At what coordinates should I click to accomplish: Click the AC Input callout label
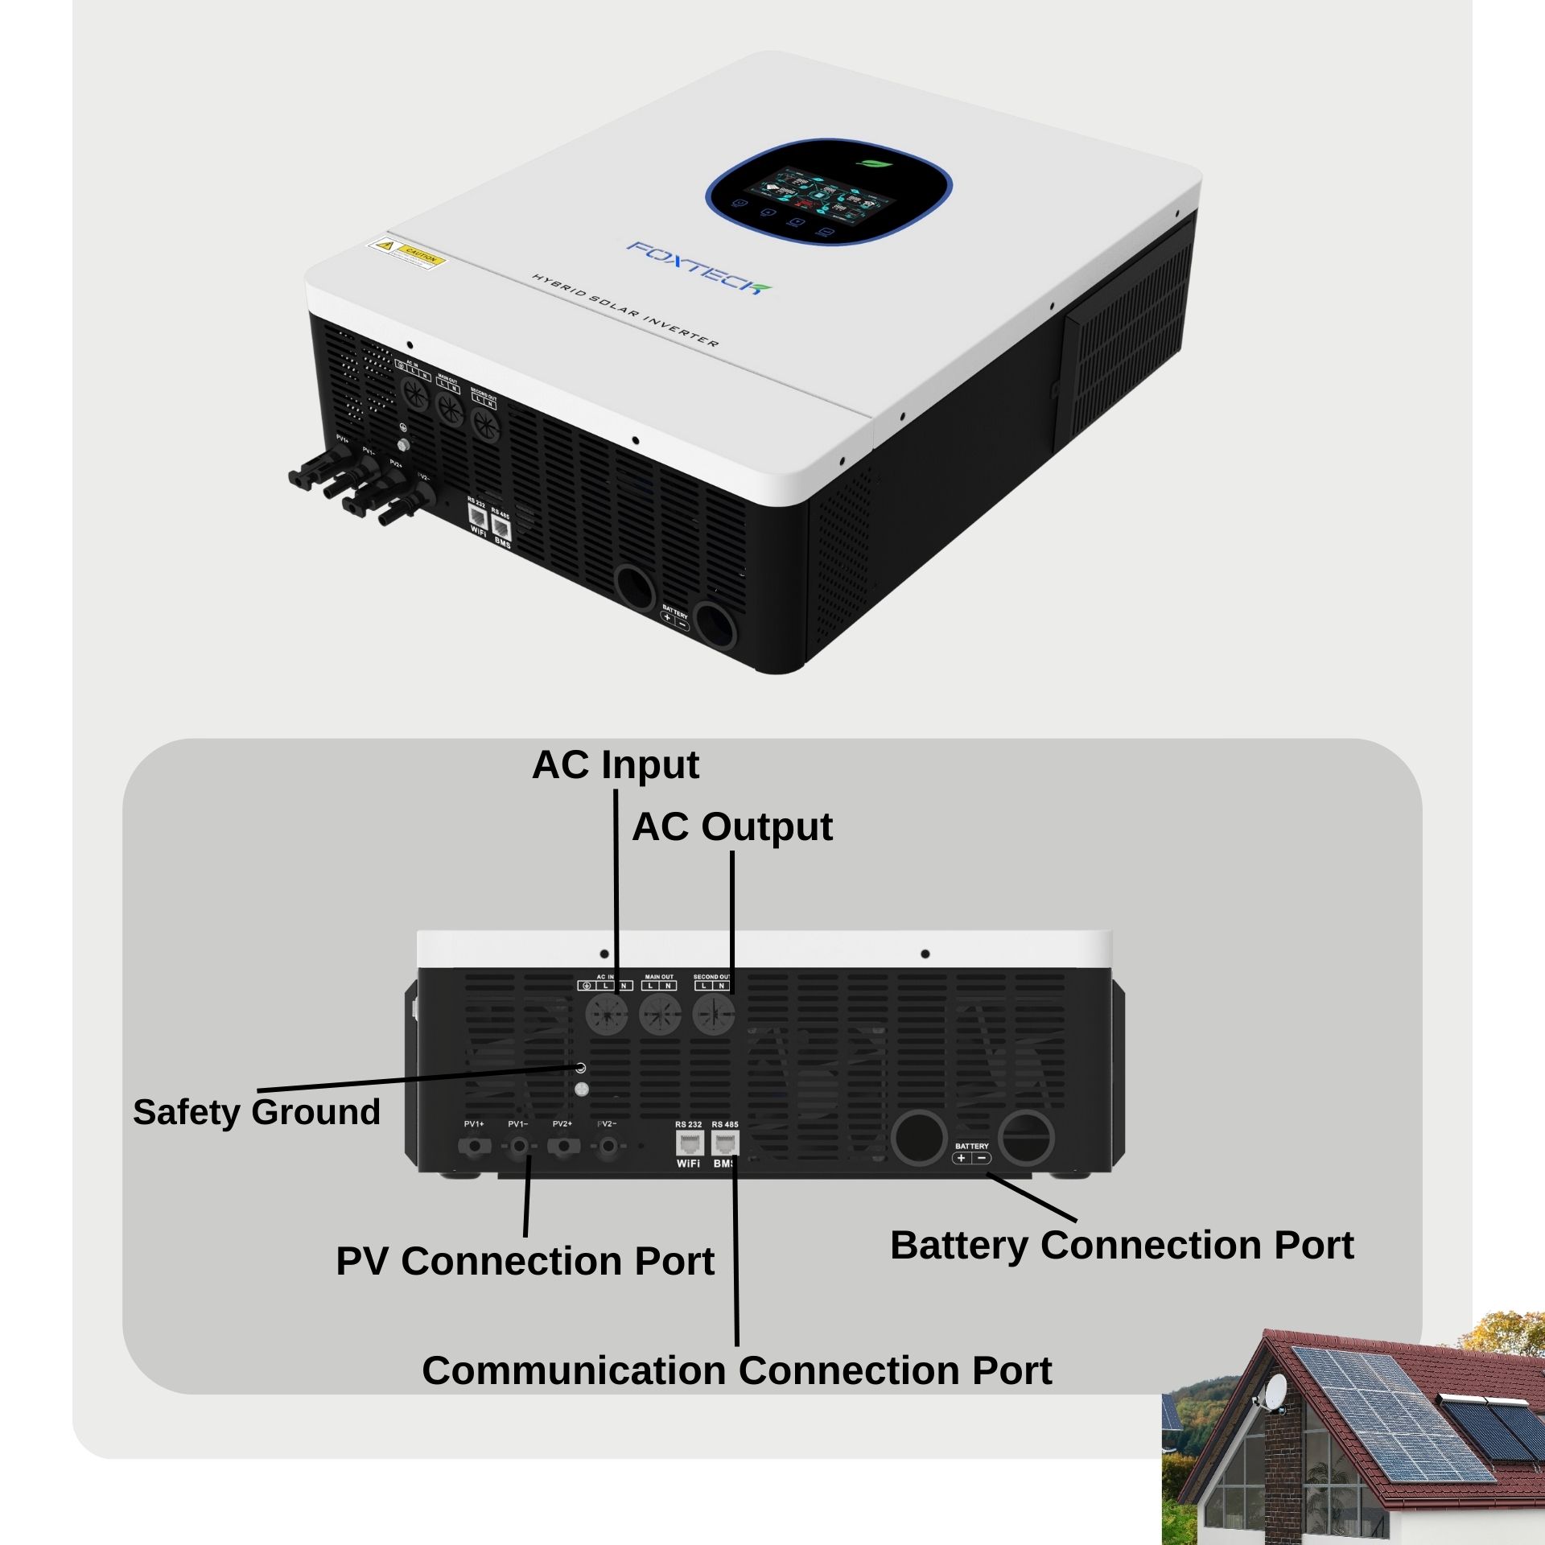pos(616,765)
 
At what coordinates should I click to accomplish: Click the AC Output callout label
pos(731,827)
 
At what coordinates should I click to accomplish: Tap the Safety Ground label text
pos(256,1112)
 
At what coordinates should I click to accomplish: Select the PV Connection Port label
pos(525,1261)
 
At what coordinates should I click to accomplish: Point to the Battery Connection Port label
pos(1122,1245)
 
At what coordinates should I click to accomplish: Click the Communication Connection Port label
pos(736,1370)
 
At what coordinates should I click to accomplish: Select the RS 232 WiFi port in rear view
pos(689,1143)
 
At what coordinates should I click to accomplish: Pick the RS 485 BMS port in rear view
pos(725,1143)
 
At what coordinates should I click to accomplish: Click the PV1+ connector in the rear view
pos(474,1145)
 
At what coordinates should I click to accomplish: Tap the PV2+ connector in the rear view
pos(562,1145)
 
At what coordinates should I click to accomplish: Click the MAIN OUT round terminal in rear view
pos(660,1014)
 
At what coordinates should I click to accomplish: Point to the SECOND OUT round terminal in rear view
pos(713,1014)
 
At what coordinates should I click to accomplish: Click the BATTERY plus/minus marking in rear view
pos(971,1158)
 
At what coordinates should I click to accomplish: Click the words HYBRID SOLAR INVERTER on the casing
pos(624,310)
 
